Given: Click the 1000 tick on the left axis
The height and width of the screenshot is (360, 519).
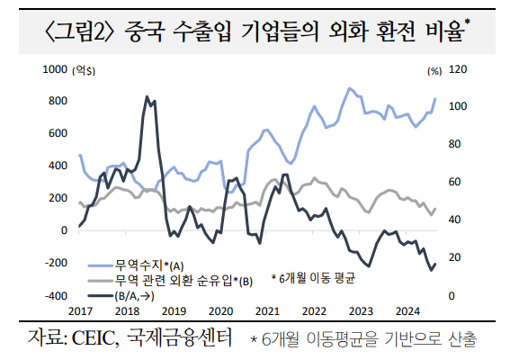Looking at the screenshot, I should (x=56, y=69).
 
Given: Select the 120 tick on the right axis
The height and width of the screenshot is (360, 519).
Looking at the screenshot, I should (x=459, y=69).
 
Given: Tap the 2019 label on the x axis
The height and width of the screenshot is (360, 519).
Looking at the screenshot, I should (x=174, y=310).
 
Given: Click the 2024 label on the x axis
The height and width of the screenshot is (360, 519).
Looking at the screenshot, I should (x=408, y=310).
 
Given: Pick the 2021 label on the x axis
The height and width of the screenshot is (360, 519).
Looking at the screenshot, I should (x=267, y=310).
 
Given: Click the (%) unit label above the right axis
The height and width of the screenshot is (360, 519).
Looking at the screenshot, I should (x=436, y=69).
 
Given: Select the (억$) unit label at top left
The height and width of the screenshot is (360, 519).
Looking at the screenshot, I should (x=85, y=69).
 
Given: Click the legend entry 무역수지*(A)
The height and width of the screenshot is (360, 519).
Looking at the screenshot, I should (x=148, y=265).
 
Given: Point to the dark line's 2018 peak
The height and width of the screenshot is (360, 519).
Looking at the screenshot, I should (x=147, y=97).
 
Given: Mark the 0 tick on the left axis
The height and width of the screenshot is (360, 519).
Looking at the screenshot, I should (x=62, y=230).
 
